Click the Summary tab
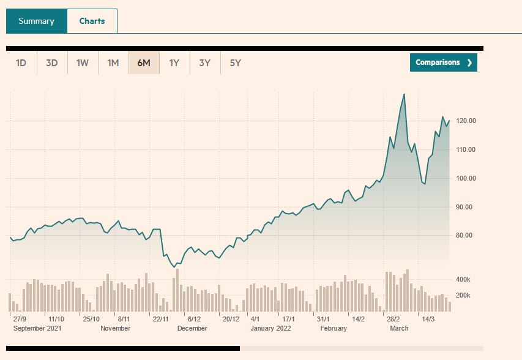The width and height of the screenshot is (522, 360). [x=36, y=21]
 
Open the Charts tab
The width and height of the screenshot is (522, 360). [x=92, y=21]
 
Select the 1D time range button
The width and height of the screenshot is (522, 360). [x=21, y=62]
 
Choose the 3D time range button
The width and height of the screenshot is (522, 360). [x=52, y=62]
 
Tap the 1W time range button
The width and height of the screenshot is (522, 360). [x=83, y=62]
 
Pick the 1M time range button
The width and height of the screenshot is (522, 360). [x=113, y=62]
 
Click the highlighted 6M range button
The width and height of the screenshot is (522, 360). [x=144, y=62]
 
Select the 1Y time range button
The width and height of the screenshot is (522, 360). [x=174, y=62]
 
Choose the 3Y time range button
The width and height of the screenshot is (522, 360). [x=205, y=62]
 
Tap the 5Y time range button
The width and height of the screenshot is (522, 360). [x=236, y=62]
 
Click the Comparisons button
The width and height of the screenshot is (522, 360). [x=444, y=62]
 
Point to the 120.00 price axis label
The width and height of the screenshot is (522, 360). [x=465, y=121]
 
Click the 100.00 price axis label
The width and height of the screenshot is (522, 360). [x=465, y=178]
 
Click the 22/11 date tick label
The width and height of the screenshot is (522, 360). [x=161, y=319]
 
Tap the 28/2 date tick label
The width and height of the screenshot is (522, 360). [x=393, y=319]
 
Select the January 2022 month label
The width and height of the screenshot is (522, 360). [x=270, y=328]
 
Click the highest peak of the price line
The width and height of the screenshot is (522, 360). [x=404, y=94]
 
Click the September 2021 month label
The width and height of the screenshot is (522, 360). [x=37, y=328]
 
